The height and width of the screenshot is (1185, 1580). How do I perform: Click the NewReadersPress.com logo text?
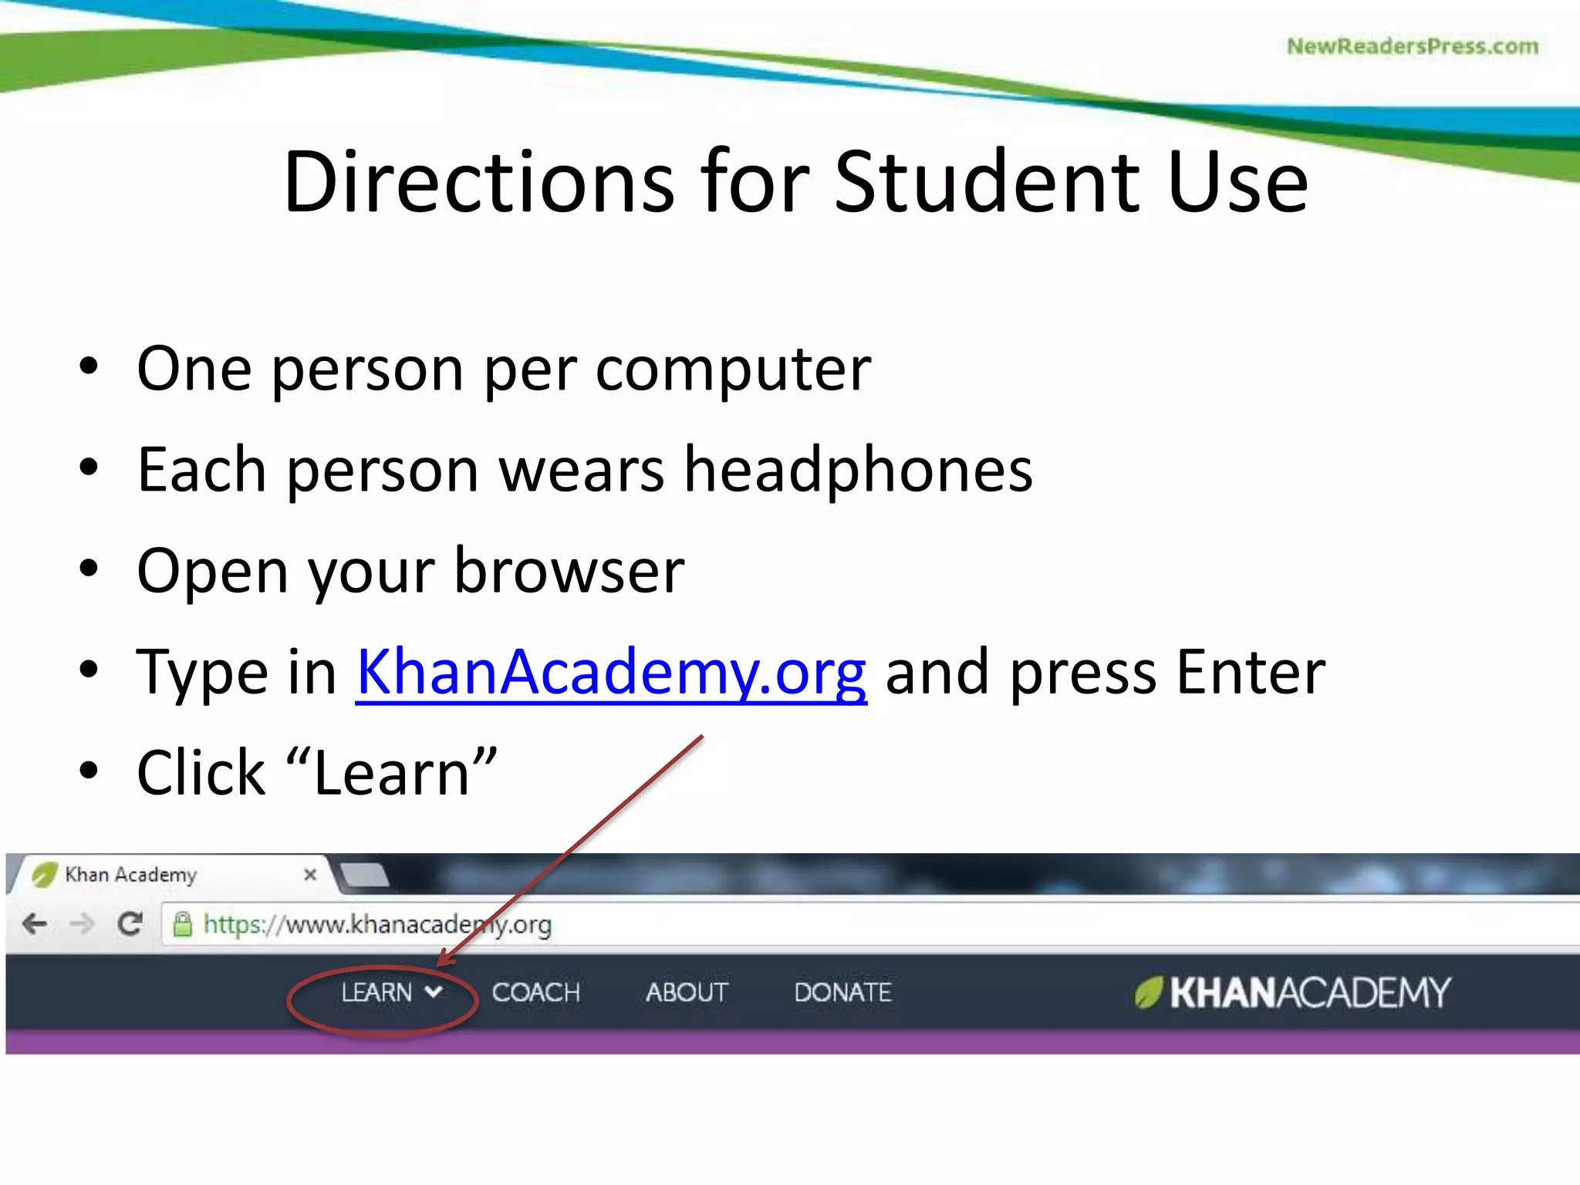pos(1412,46)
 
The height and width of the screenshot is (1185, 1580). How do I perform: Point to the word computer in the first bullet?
pos(733,369)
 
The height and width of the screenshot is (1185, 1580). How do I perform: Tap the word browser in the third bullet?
pos(569,571)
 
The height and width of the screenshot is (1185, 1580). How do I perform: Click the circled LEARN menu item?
pos(378,992)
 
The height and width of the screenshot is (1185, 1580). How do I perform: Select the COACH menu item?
pos(535,992)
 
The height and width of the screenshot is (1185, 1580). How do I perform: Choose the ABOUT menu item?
pos(687,992)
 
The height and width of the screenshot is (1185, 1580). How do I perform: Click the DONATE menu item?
pos(842,992)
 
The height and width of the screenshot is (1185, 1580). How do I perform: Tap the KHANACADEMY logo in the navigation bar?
pos(1293,992)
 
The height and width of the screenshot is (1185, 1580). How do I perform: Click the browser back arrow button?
pos(35,923)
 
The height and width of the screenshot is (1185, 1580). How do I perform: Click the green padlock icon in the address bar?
pos(182,923)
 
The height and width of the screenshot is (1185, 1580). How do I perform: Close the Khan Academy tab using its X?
pos(310,874)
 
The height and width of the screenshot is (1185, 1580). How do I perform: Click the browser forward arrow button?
pos(82,923)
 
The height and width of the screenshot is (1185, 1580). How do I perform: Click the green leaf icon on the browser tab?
pos(45,874)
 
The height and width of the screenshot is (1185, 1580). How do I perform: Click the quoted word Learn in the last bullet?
pos(392,774)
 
